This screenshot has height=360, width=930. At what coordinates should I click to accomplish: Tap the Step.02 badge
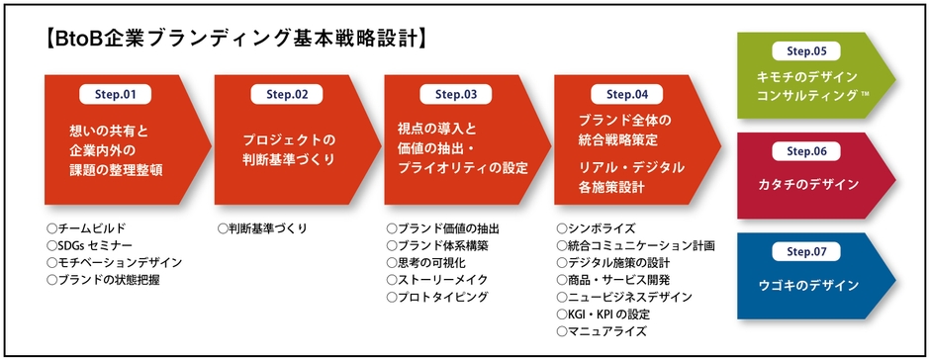tap(287, 95)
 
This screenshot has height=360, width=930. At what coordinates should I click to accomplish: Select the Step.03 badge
tap(456, 95)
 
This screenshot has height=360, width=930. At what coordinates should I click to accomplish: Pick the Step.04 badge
tap(626, 95)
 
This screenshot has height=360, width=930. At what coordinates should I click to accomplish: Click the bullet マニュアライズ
tap(604, 332)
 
